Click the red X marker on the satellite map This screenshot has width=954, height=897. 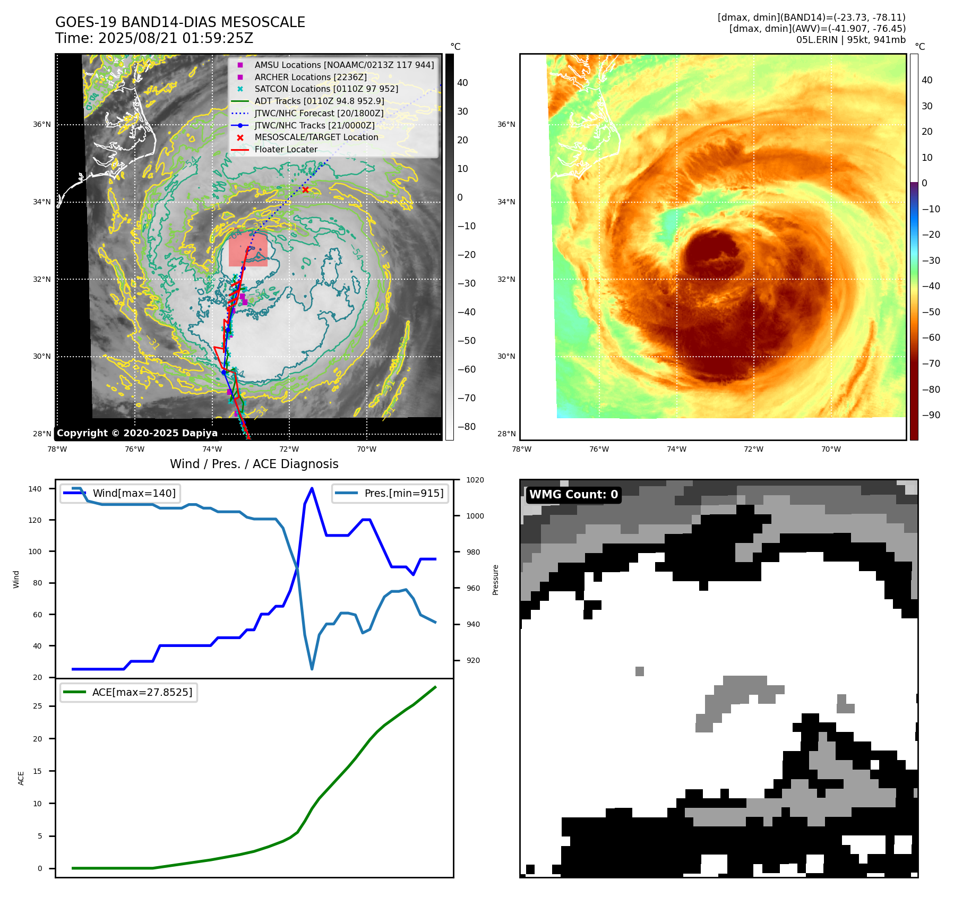(x=305, y=189)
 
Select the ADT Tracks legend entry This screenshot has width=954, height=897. (x=319, y=101)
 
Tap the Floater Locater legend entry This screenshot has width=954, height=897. (x=286, y=149)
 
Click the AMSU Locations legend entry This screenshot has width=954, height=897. (x=344, y=65)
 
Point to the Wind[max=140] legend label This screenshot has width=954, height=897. (x=134, y=493)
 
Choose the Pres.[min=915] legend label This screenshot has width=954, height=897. (x=403, y=493)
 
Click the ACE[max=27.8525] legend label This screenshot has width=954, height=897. (x=142, y=692)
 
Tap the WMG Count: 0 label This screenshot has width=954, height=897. (x=573, y=495)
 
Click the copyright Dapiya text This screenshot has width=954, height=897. (x=137, y=433)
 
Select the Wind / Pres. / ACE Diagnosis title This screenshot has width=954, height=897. (x=254, y=464)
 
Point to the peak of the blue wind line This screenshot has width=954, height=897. (x=312, y=488)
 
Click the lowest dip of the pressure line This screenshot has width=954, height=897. (x=312, y=669)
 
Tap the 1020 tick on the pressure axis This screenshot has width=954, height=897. (x=475, y=480)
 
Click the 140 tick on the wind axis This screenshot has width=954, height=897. (x=35, y=489)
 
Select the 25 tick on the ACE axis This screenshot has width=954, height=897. (x=37, y=706)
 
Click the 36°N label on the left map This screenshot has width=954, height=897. (x=42, y=125)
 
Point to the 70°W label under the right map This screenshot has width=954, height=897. (x=831, y=449)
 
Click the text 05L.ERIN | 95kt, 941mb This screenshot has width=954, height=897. (x=850, y=40)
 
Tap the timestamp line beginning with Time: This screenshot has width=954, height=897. (x=154, y=38)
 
